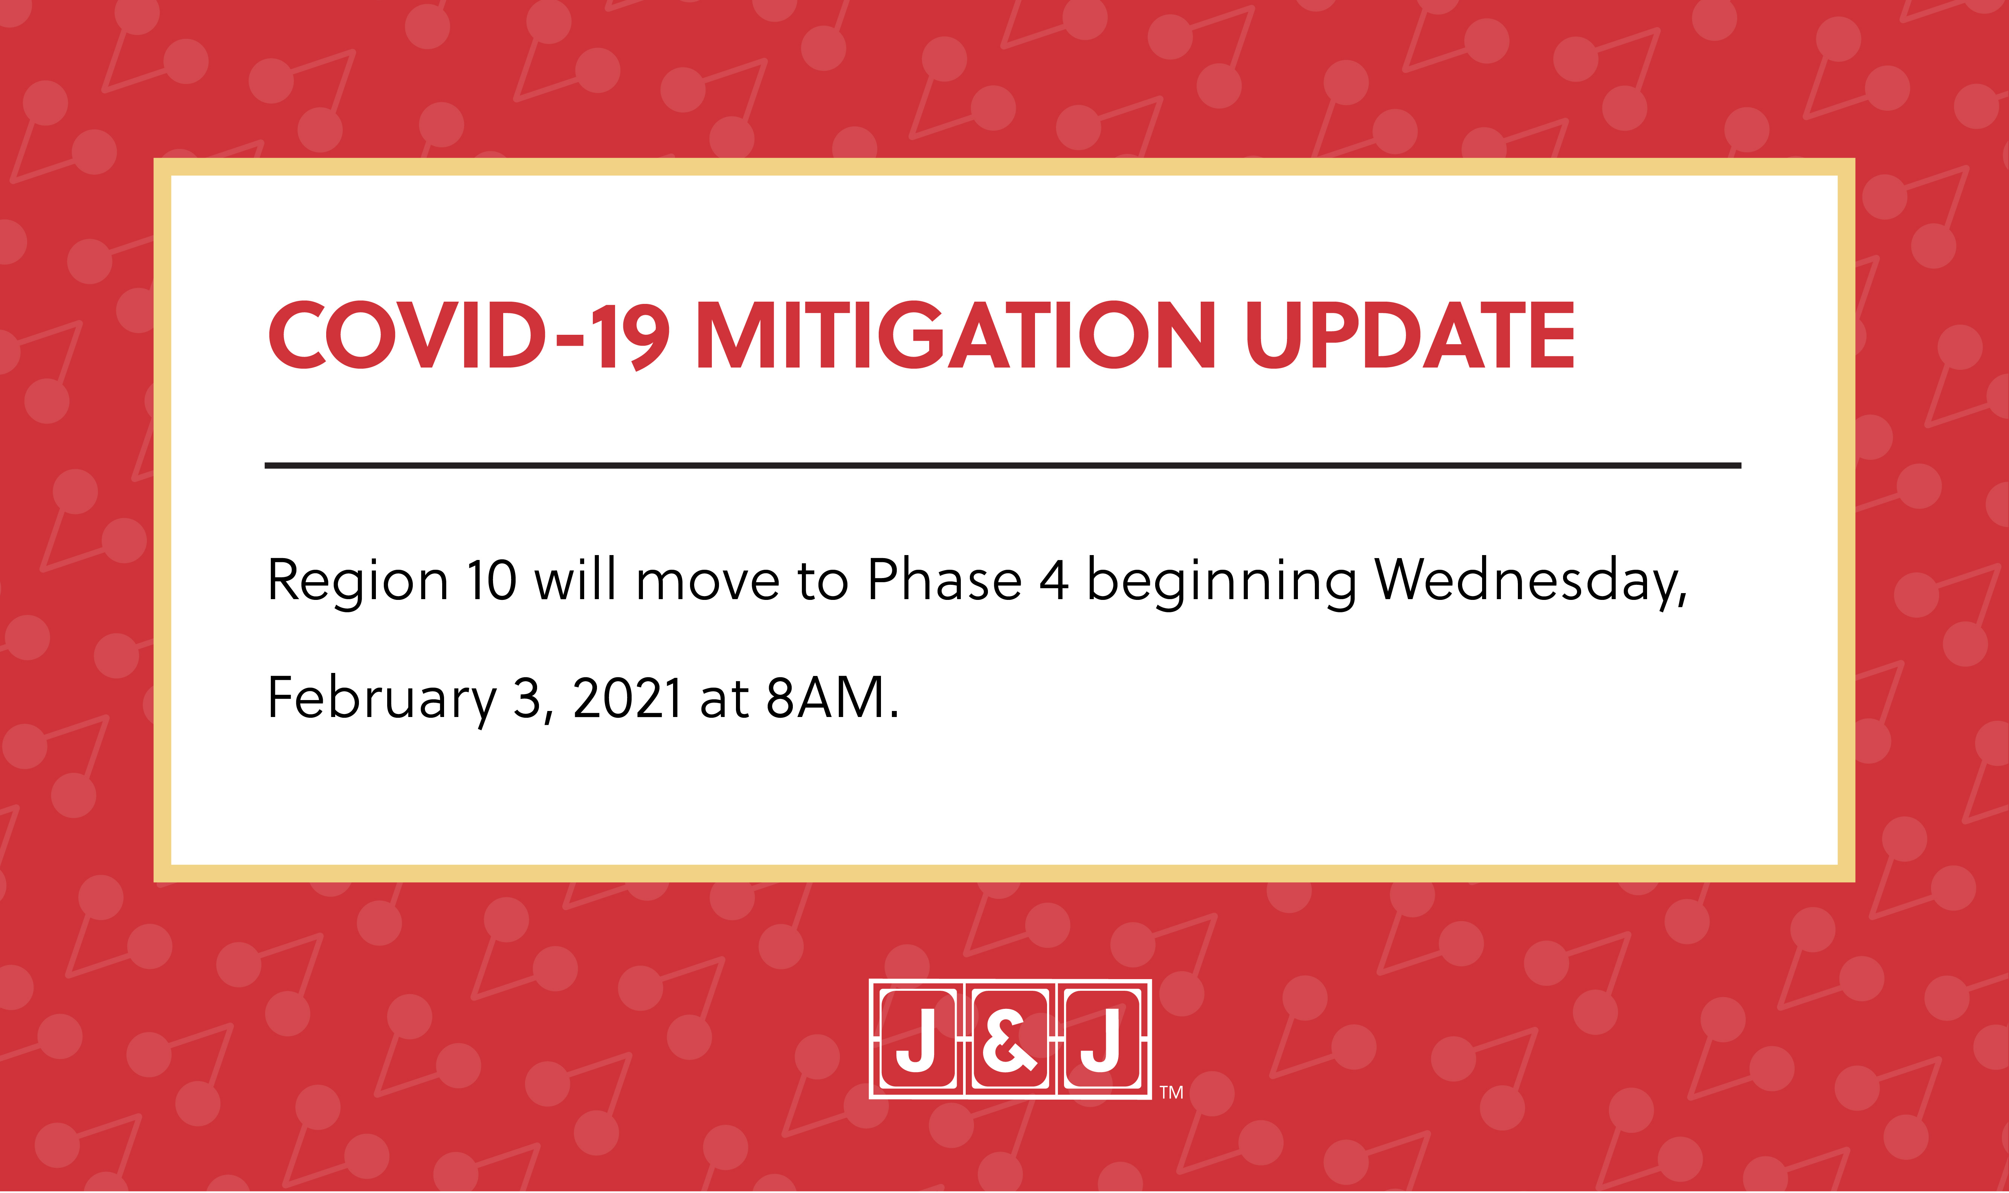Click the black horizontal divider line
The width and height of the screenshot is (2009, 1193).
[1003, 465]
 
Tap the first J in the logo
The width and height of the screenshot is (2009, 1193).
[916, 1040]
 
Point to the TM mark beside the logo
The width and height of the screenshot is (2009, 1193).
[1171, 1092]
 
